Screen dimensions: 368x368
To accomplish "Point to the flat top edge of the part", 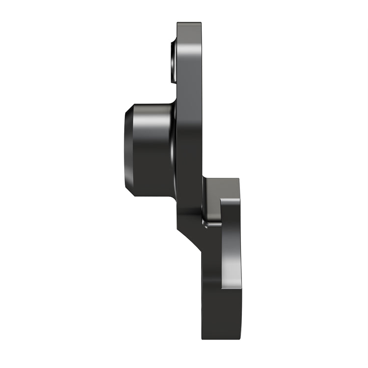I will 189,23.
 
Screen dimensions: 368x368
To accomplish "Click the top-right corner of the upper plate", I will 201,23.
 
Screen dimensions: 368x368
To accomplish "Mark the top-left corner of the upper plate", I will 178,23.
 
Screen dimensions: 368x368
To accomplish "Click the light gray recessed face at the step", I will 212,201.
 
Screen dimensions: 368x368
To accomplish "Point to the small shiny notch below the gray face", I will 212,224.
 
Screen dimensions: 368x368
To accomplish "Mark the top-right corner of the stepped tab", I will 238,179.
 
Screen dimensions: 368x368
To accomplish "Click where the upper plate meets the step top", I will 203,179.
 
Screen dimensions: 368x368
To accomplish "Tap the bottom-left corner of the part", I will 202,339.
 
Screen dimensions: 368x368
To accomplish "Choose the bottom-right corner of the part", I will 240,339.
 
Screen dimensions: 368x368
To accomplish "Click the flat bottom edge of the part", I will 221,339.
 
